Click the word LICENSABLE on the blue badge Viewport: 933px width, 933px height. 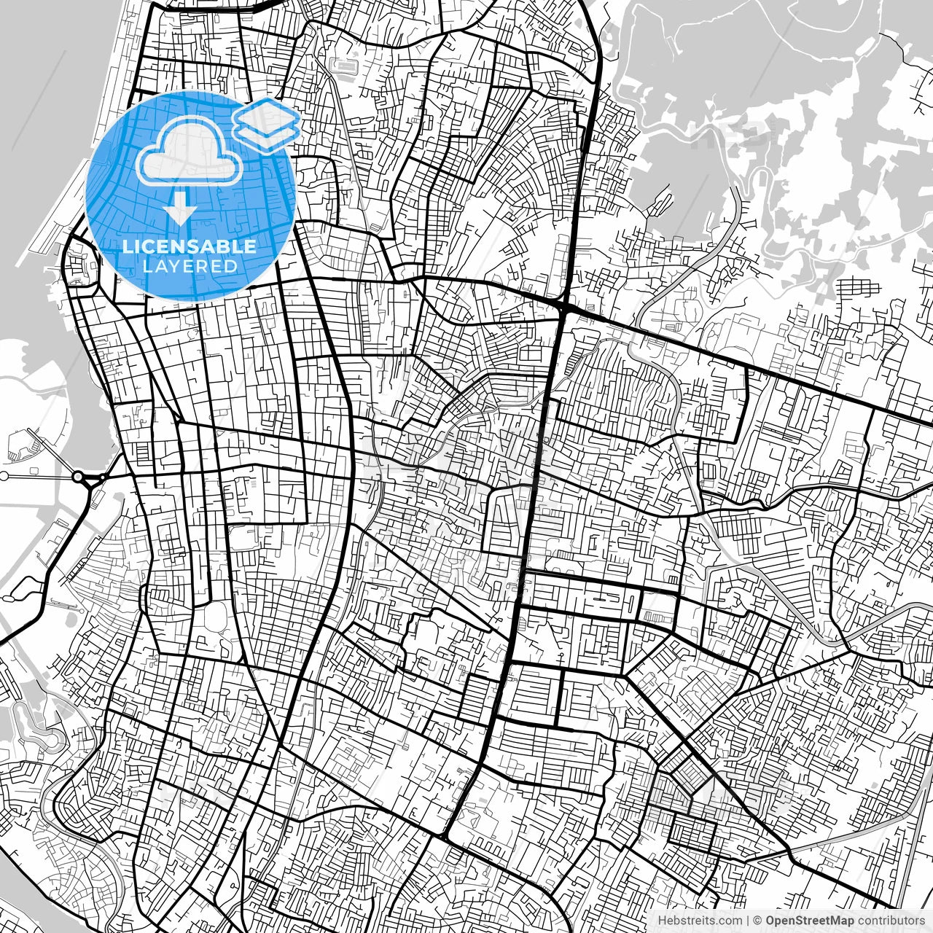(x=190, y=246)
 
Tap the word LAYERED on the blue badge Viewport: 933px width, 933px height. (x=190, y=266)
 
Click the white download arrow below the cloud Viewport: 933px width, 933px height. (x=179, y=211)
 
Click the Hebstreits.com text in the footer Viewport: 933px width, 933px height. (x=700, y=921)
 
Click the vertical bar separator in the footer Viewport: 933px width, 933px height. (x=748, y=921)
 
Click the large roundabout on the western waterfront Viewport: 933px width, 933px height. (x=78, y=477)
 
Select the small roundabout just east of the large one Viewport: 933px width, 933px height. (x=103, y=477)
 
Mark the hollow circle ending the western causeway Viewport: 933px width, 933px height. (x=4, y=476)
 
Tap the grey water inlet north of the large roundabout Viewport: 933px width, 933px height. (x=44, y=379)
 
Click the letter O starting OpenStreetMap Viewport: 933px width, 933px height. (x=770, y=921)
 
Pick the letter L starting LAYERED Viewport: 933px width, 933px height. (x=147, y=266)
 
